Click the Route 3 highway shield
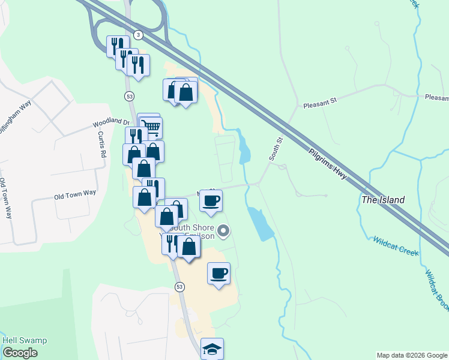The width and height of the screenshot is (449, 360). click(x=139, y=35)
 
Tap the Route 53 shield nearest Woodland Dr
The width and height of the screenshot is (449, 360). click(x=129, y=96)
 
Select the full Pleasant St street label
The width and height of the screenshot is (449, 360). click(x=321, y=103)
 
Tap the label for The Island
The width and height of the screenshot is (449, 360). click(x=383, y=200)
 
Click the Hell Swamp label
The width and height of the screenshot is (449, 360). click(x=25, y=340)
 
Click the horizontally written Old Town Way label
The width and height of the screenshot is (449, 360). click(x=75, y=194)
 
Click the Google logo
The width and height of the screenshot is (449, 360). click(x=20, y=353)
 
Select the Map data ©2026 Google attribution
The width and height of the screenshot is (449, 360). click(x=412, y=355)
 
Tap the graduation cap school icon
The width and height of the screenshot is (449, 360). click(x=212, y=348)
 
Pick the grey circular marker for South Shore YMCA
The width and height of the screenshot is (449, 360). click(x=223, y=230)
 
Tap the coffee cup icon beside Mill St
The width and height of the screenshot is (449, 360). click(x=211, y=200)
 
